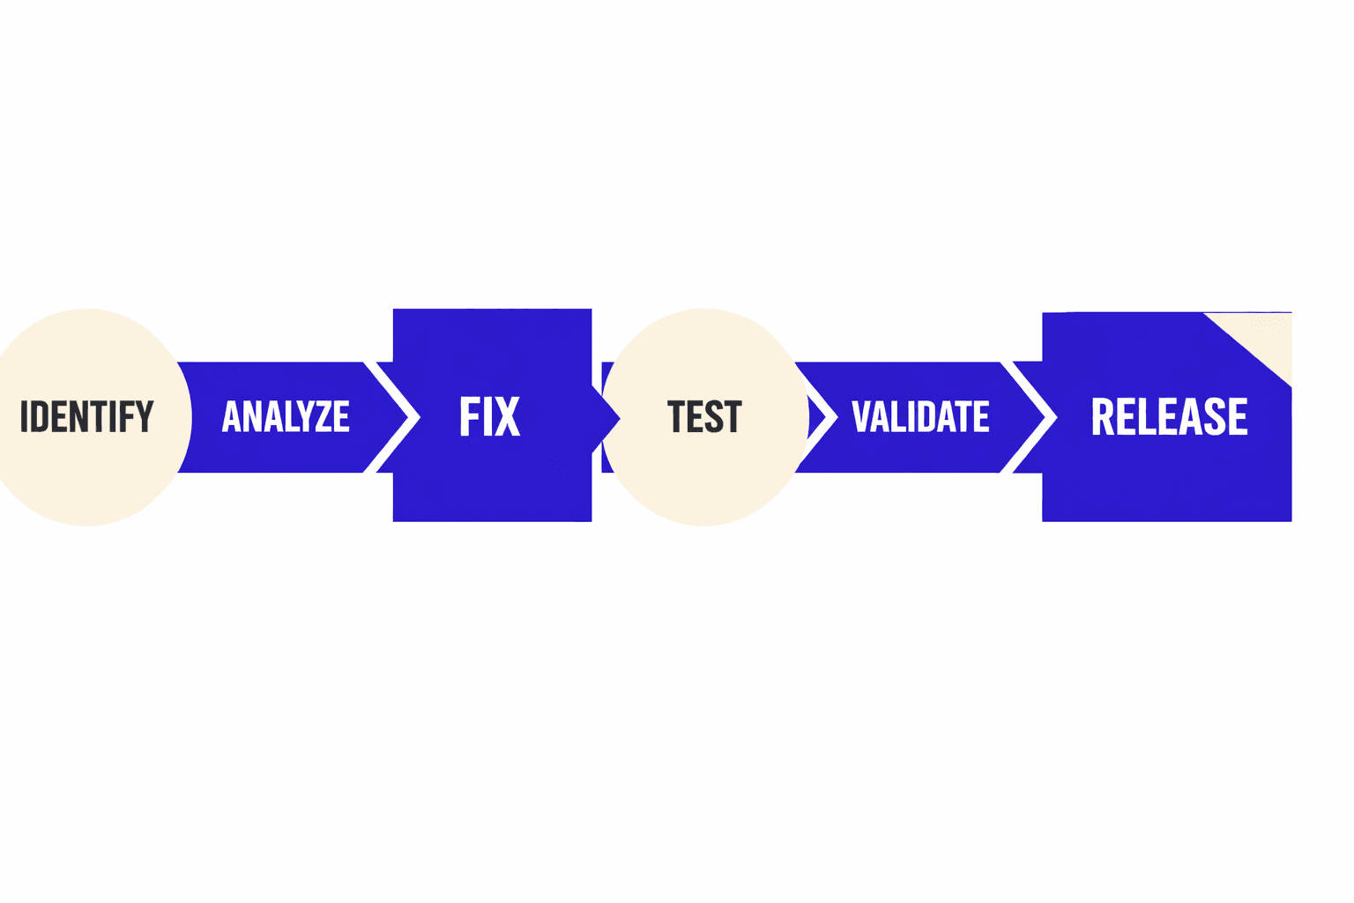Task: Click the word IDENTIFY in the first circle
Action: (x=86, y=416)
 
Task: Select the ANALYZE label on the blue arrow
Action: (x=286, y=416)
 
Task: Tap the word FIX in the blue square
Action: (x=490, y=416)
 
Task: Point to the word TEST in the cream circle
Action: (x=704, y=416)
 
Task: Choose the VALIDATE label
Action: (x=919, y=416)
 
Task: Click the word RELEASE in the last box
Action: (x=1169, y=416)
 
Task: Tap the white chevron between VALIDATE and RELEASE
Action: (x=1036, y=416)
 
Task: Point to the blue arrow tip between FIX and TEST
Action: (x=608, y=417)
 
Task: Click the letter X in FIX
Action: (x=508, y=416)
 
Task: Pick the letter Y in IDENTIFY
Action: (x=145, y=416)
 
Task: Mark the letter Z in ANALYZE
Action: (x=324, y=416)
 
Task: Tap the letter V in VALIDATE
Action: (x=860, y=416)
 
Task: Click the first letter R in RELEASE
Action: (x=1103, y=416)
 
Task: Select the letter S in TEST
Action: (x=715, y=416)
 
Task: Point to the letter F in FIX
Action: (x=469, y=416)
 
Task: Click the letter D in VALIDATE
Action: (x=926, y=416)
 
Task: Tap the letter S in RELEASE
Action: (x=1215, y=416)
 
